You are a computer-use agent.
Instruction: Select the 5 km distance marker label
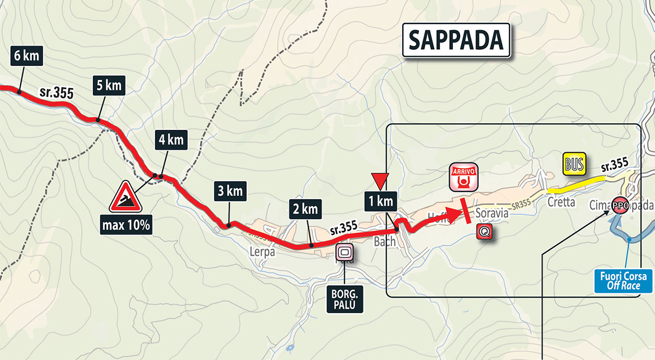point(107,86)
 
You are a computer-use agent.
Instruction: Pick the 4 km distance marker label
point(170,140)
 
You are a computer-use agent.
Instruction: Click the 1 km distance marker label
point(380,201)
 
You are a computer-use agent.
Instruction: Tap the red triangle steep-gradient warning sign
point(126,197)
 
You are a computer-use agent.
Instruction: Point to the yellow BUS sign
point(575,164)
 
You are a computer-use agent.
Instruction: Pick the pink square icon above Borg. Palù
point(345,253)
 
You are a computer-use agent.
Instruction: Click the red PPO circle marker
point(620,206)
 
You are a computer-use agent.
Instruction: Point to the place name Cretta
point(562,202)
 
